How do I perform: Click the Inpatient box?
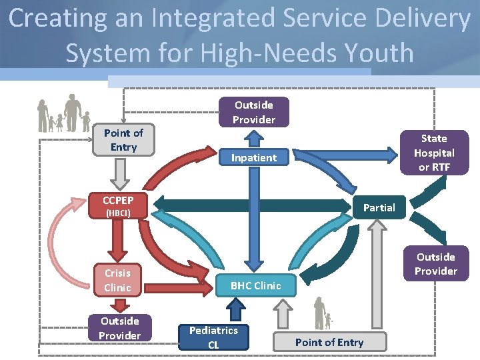click(254, 158)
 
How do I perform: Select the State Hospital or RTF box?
click(434, 153)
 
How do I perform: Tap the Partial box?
click(379, 207)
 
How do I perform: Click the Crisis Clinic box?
click(118, 280)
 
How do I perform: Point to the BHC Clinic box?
click(255, 285)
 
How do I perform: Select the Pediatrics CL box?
click(213, 337)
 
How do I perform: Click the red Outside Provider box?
click(120, 328)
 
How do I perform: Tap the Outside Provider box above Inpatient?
click(254, 112)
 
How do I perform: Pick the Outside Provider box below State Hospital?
click(435, 263)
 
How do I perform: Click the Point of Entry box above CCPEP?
click(123, 140)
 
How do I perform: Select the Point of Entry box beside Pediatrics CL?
click(329, 342)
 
